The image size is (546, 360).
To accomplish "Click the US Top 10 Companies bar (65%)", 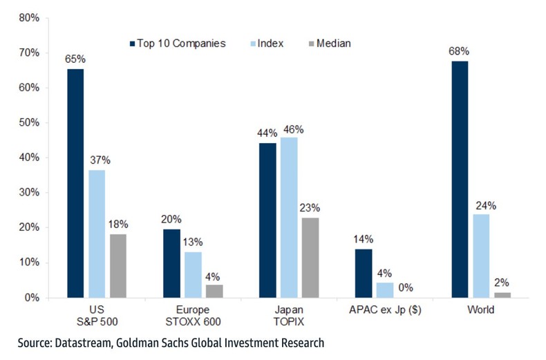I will tap(75, 183).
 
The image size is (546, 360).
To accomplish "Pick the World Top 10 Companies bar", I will tap(458, 179).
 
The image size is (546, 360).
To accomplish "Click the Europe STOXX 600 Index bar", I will tap(192, 274).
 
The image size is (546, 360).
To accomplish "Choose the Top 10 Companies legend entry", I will tap(182, 44).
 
